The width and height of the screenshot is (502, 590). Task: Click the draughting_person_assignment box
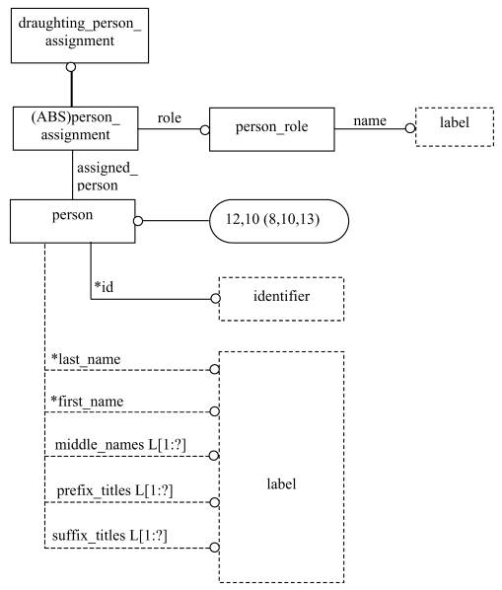pos(80,36)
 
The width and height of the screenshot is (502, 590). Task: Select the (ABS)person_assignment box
pos(76,128)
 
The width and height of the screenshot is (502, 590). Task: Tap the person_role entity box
pos(272,129)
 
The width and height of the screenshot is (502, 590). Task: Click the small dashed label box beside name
pos(455,127)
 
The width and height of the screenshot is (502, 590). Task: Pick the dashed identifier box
pos(282,299)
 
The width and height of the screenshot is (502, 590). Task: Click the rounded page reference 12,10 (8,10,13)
pos(279,221)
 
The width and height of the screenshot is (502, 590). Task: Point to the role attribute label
pos(170,118)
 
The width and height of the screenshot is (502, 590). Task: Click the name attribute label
pos(370,120)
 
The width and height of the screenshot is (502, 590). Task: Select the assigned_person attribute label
pos(108,177)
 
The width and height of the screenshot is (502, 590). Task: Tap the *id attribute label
pos(104,287)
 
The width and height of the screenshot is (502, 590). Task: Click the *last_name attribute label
pos(86,359)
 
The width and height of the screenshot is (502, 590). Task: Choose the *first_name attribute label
pos(87,402)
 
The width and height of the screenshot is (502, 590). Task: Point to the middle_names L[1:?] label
pos(120,445)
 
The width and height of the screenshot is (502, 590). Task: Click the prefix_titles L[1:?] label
pos(114,490)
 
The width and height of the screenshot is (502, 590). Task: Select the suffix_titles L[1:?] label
pos(109,536)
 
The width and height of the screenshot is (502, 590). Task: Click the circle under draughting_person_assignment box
pos(71,67)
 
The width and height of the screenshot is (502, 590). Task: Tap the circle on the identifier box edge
pos(215,299)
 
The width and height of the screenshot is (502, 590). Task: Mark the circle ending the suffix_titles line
pos(214,548)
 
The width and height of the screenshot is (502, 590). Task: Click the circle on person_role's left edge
pos(205,130)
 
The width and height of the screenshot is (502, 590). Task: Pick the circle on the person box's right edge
pos(138,221)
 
